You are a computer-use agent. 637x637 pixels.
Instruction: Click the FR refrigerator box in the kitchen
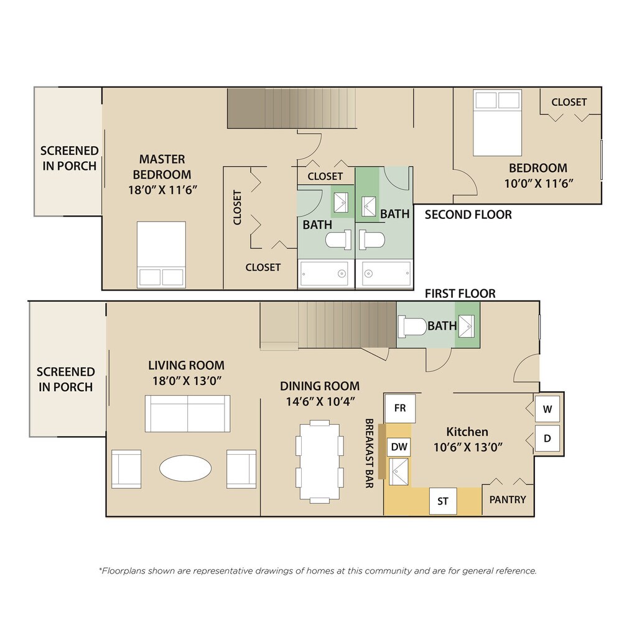pos(400,408)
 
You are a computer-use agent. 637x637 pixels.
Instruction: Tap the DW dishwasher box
pos(399,447)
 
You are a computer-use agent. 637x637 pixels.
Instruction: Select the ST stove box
pos(443,501)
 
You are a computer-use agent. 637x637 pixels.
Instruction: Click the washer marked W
pos(547,409)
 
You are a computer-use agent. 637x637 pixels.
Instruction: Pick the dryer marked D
pos(547,439)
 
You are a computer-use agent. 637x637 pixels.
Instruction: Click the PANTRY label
pos(508,500)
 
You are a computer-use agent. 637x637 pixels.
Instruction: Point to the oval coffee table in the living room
pos(185,468)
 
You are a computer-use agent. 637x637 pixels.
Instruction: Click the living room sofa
pos(188,413)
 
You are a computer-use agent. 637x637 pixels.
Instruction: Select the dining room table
pos(320,462)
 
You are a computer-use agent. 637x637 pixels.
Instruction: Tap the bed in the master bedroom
pos(161,254)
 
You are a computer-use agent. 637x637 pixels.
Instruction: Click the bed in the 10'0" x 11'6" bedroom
pos(497,123)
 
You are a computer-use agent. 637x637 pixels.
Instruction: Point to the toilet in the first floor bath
pos(412,326)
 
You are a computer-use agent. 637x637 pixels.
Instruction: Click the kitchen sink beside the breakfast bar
pos(399,472)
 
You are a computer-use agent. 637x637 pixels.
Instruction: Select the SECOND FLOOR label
pos(468,215)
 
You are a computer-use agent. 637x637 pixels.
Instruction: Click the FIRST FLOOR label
pos(460,294)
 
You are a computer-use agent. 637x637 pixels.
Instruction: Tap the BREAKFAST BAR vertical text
pos(369,453)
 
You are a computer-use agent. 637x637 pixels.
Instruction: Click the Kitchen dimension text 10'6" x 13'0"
pos(468,447)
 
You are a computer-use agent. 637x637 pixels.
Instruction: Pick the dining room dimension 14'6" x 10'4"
pos(320,401)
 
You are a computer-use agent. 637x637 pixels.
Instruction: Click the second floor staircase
pos(291,108)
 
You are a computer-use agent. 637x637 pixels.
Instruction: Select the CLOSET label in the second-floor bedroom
pos(569,102)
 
